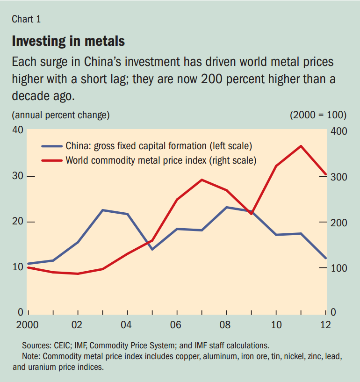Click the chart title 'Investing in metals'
click(68, 41)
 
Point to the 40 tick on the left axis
click(17, 130)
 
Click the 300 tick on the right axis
click(338, 177)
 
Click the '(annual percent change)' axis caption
click(61, 115)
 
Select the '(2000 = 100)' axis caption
click(318, 115)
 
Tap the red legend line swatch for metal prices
click(52, 160)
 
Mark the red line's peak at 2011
click(301, 146)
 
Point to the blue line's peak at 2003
click(102, 210)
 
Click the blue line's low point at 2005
click(152, 249)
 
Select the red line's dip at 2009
click(251, 214)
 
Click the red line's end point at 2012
click(326, 174)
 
